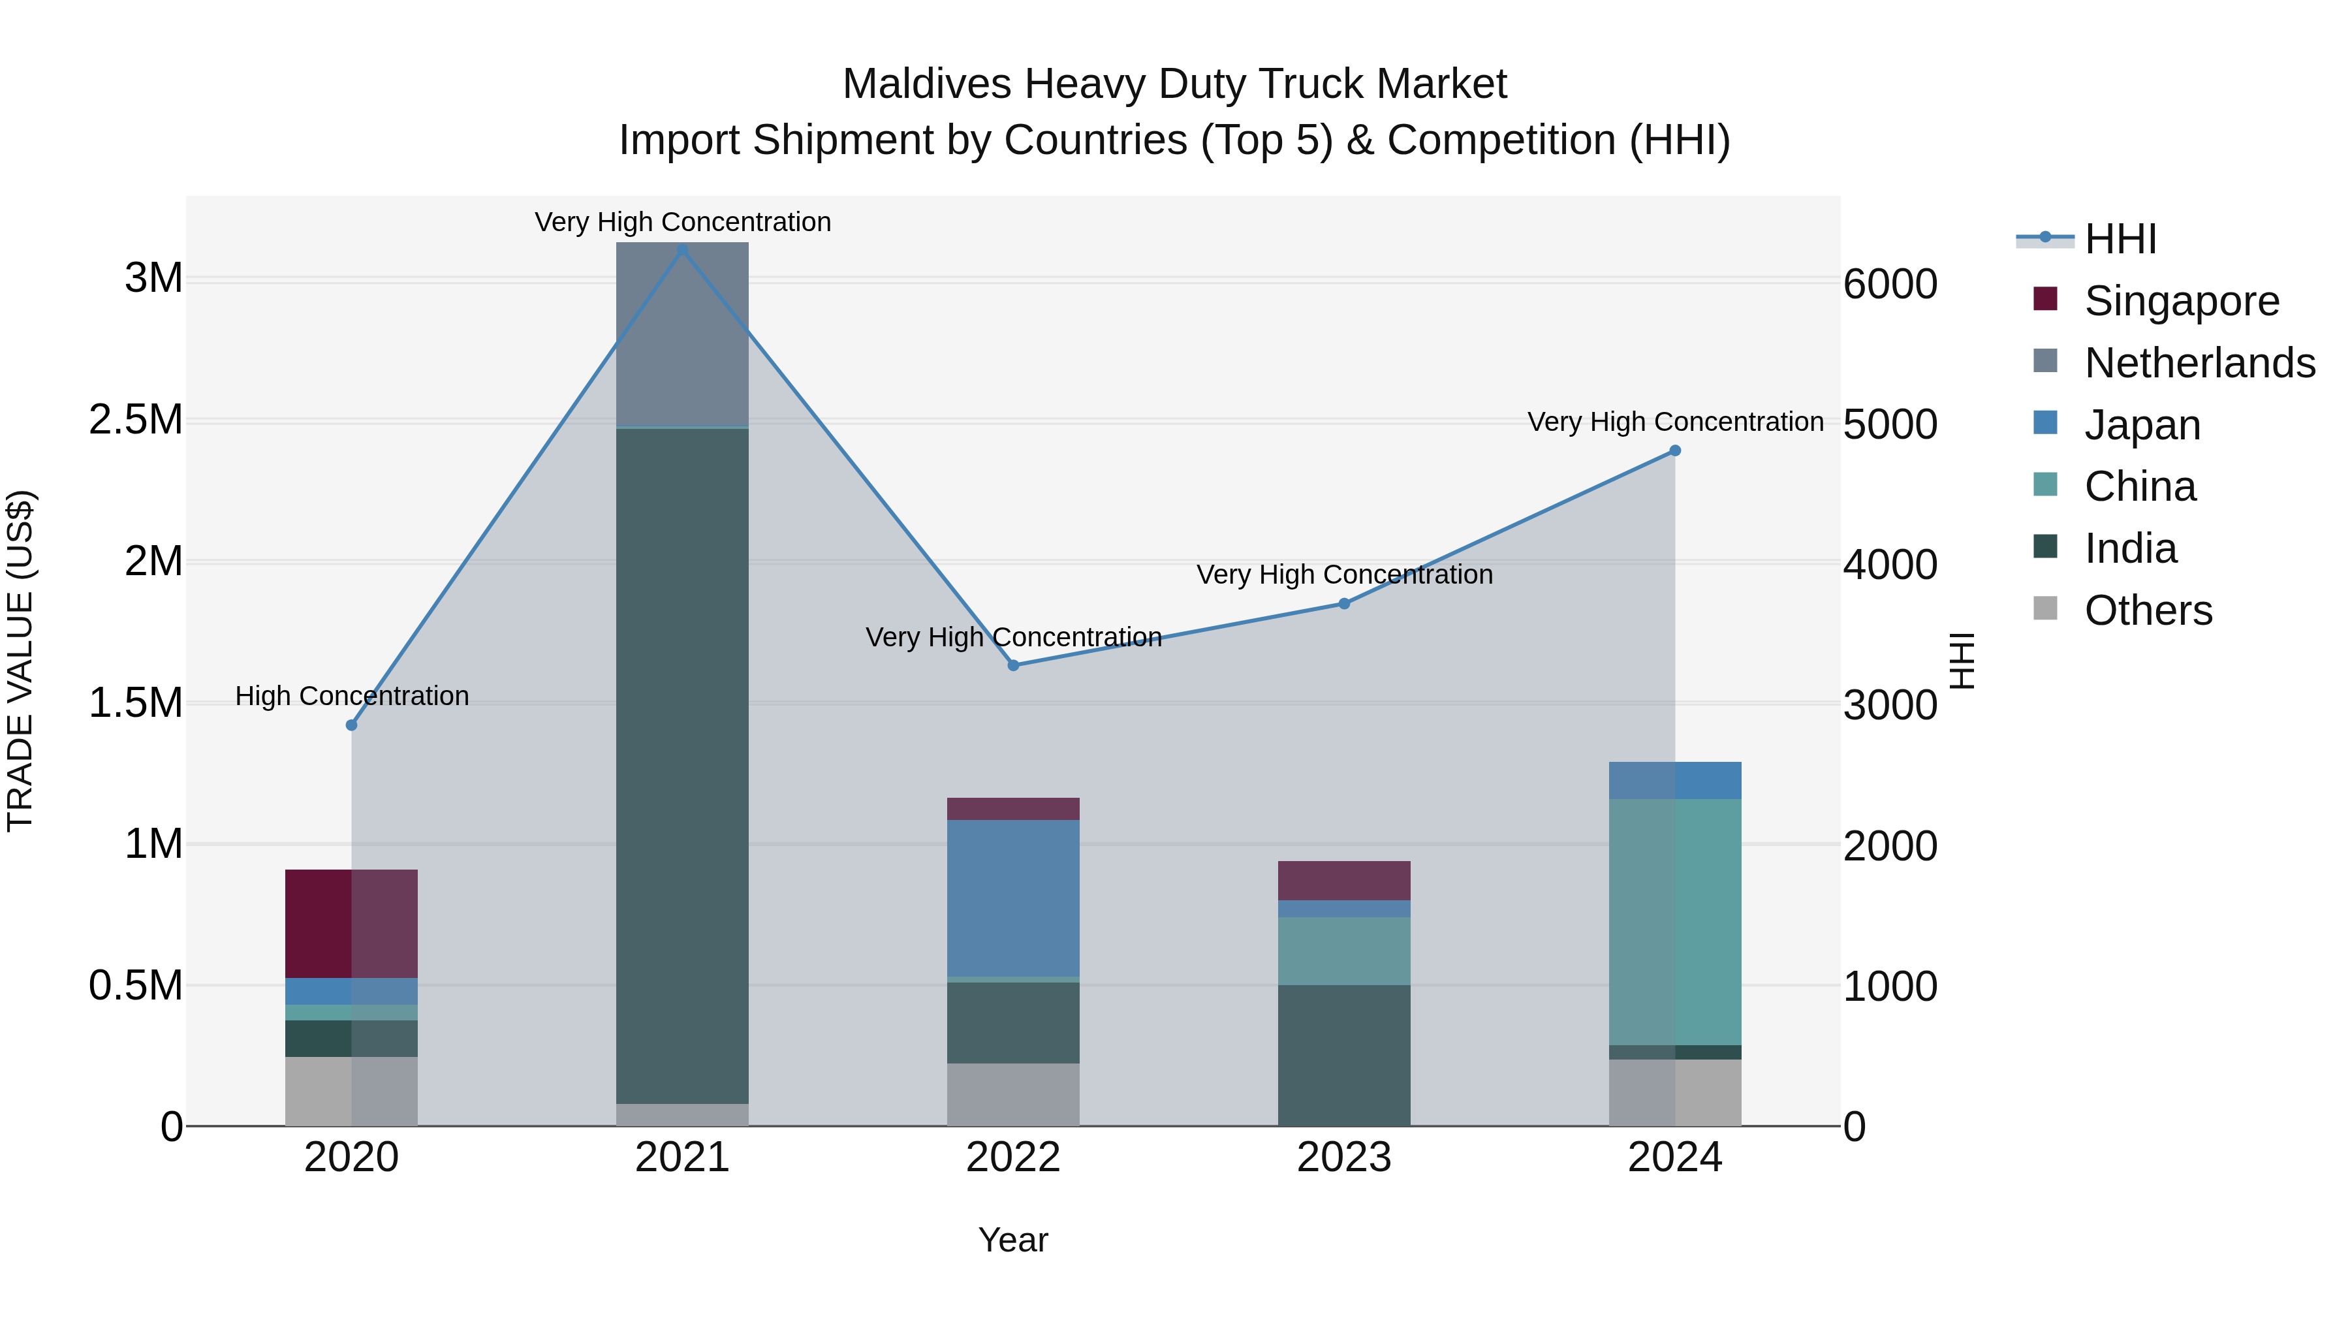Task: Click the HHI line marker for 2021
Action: [682, 249]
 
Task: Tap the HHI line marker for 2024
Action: [1675, 450]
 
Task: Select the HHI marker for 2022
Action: [1014, 665]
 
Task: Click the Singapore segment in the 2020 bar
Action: [351, 923]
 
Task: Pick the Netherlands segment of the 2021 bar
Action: [682, 334]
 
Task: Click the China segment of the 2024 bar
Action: [1675, 921]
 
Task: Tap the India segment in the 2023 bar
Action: [1344, 1055]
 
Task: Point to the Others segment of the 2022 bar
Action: [1014, 1094]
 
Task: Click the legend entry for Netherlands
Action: [2199, 363]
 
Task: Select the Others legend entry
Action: [2148, 610]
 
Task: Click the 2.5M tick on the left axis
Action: [136, 420]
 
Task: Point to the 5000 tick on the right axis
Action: [1890, 424]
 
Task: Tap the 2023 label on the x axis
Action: [1344, 1157]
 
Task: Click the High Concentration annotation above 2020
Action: [352, 696]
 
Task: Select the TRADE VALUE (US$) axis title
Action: [20, 661]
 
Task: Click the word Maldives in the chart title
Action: [927, 84]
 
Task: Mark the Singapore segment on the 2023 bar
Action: [1344, 881]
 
